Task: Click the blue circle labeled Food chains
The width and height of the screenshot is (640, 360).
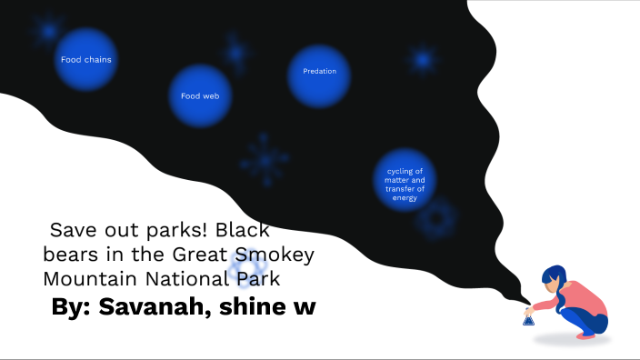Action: tap(86, 60)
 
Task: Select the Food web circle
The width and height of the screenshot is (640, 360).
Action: tap(200, 95)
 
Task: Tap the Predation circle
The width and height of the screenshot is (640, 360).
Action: tap(319, 72)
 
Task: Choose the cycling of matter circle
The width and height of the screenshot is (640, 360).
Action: tap(405, 180)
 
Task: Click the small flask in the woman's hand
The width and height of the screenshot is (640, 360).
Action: tap(528, 318)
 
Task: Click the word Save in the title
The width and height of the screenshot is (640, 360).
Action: tap(73, 230)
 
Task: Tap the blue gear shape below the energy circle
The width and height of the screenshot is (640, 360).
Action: tap(435, 219)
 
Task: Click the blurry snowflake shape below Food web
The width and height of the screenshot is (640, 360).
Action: tap(265, 161)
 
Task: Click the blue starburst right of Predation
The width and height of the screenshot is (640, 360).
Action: tap(422, 60)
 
